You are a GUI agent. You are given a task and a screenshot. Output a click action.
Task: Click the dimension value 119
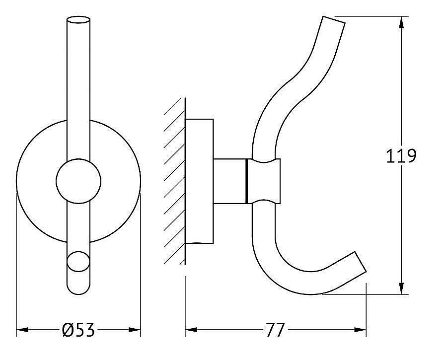pos(401,156)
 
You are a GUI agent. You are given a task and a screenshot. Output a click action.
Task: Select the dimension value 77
pos(275,330)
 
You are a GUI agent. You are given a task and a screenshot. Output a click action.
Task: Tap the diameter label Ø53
pos(78,330)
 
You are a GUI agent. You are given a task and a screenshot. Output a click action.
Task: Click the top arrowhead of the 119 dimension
pos(401,22)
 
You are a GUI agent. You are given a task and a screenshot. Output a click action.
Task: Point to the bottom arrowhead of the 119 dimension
pos(401,288)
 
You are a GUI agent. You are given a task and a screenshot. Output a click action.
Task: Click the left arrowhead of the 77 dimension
pos(191,330)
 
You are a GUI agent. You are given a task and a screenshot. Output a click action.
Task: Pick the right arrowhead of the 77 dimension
pos(360,330)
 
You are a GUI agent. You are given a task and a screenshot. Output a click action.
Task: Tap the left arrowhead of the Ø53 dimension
pos(22,330)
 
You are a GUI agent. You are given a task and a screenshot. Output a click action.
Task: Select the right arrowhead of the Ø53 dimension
pos(135,330)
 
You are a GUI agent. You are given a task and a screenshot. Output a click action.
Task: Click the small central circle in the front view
pos(78,181)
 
